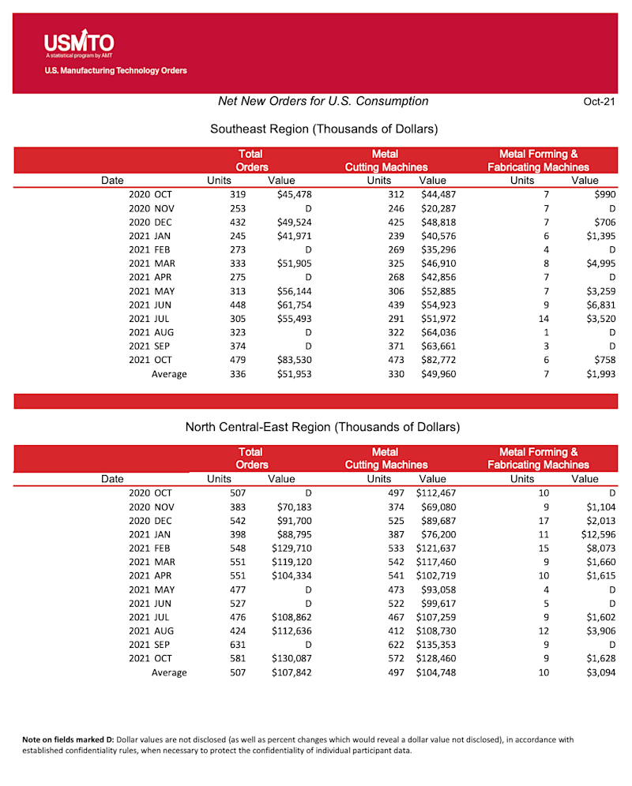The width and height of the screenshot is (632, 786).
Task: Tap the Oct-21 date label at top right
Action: coord(598,102)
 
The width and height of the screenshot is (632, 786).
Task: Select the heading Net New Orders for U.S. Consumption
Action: coord(323,101)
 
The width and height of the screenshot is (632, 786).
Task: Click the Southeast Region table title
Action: coord(324,129)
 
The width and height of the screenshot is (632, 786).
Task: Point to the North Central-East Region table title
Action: coord(322,427)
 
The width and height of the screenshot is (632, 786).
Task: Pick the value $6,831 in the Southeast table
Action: coord(600,305)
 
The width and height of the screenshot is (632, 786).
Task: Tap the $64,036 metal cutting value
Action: coord(438,332)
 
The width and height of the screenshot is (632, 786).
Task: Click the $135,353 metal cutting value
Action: coord(434,645)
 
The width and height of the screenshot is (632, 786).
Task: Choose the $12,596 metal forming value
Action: coord(597,534)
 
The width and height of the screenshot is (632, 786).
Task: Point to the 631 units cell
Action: coord(236,645)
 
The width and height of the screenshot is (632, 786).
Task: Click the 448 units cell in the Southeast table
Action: coord(236,305)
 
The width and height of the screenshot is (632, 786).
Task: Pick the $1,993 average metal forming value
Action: coord(600,374)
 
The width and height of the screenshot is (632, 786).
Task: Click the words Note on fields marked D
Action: coord(68,739)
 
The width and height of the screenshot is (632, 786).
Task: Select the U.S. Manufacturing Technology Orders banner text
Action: coord(115,71)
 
